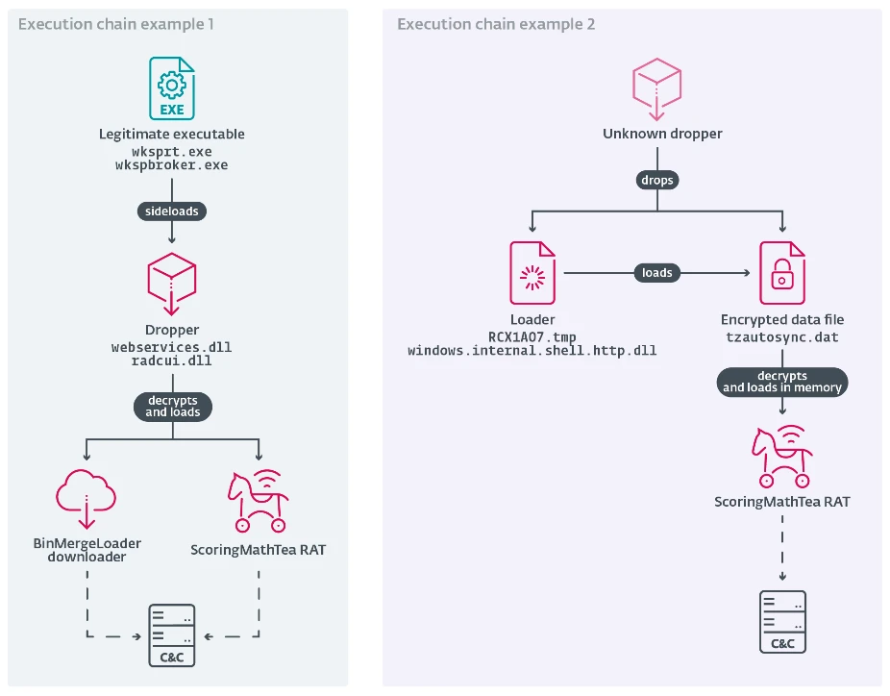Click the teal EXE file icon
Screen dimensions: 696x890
[172, 87]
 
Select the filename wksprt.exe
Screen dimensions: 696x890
[172, 152]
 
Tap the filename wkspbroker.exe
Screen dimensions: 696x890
[172, 165]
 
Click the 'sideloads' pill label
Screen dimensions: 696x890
[172, 209]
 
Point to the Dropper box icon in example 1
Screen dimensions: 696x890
[172, 283]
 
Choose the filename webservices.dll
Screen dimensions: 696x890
[172, 346]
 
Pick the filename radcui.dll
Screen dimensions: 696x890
[172, 360]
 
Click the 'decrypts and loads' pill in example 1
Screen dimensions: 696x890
[172, 405]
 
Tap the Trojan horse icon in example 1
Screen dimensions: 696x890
[257, 501]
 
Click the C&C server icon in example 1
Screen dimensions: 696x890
[172, 635]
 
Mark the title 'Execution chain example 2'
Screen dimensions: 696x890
[496, 24]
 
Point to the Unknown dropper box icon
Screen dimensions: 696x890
[656, 87]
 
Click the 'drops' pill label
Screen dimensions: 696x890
[656, 180]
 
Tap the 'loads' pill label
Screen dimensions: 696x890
[656, 273]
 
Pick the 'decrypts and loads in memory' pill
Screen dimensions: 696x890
[782, 382]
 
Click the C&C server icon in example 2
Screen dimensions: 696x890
[782, 621]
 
